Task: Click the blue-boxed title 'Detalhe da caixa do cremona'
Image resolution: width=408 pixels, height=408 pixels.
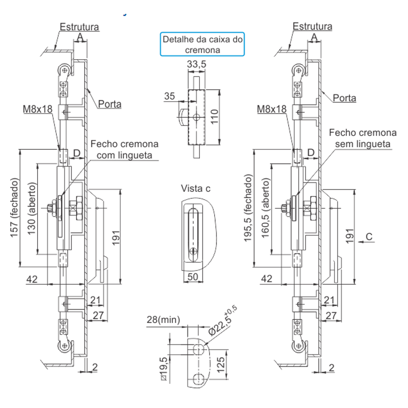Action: (x=202, y=44)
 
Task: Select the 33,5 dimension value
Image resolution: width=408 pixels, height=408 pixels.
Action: (x=197, y=64)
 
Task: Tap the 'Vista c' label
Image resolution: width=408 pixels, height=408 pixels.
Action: (x=196, y=188)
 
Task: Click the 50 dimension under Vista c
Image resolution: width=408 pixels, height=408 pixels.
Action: (x=193, y=277)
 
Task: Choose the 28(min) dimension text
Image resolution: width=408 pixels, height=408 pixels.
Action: (x=164, y=319)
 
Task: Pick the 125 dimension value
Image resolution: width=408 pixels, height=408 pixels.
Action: (x=220, y=365)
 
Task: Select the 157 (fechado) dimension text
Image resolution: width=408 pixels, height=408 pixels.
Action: (x=15, y=208)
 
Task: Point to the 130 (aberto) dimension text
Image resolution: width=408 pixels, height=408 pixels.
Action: (x=31, y=208)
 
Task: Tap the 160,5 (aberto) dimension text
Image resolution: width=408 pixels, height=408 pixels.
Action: (x=266, y=208)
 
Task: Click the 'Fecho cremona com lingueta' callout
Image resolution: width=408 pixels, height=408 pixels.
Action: (x=124, y=149)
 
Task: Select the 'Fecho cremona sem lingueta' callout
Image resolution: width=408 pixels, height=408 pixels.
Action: (x=363, y=138)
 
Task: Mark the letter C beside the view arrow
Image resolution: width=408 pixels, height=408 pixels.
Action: (x=369, y=237)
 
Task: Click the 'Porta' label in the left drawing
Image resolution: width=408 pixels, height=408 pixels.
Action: (x=109, y=104)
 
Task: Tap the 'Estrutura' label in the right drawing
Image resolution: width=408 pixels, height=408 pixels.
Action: (x=312, y=26)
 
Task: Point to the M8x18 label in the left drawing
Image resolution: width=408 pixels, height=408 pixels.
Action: (x=38, y=109)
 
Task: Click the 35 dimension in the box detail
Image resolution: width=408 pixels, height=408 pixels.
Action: (x=169, y=96)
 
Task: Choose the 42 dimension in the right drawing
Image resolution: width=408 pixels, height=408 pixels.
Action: (x=266, y=279)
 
